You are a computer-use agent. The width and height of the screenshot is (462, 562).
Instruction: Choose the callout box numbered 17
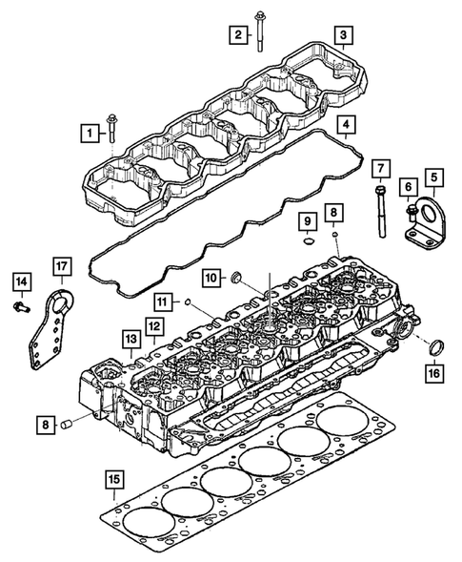tap(433, 177)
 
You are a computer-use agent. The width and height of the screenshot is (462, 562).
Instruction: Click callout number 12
tap(408, 187)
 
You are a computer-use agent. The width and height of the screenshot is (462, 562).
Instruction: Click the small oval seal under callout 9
tap(307, 242)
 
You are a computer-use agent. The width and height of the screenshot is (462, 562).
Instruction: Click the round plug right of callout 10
tap(237, 279)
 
